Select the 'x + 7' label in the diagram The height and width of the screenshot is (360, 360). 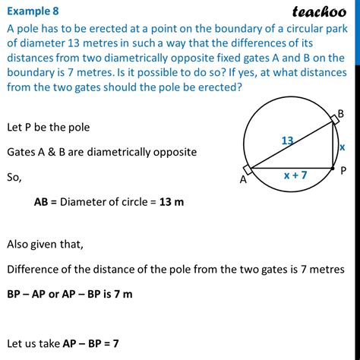click(295, 175)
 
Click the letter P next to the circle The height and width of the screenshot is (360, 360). click(344, 172)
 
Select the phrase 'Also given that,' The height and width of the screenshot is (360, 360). click(49, 245)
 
